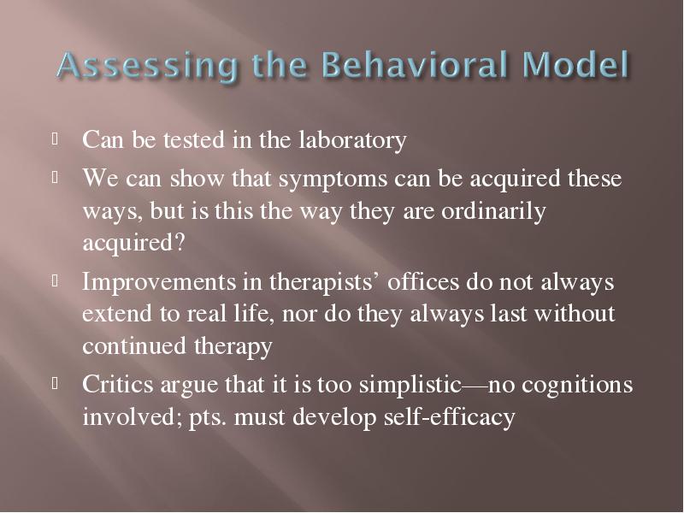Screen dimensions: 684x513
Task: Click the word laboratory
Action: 353,140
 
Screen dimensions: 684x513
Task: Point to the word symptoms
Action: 333,180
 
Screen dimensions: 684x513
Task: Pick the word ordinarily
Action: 493,212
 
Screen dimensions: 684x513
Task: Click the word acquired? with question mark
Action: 133,243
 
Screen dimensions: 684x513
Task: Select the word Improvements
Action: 159,282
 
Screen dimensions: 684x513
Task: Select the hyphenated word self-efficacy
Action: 450,416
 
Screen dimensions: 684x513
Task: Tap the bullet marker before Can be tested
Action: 55,139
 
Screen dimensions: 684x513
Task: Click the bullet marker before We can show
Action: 55,178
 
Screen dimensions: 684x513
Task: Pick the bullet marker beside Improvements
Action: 55,281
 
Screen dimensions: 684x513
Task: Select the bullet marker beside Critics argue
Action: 55,384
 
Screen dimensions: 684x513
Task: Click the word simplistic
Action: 410,386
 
